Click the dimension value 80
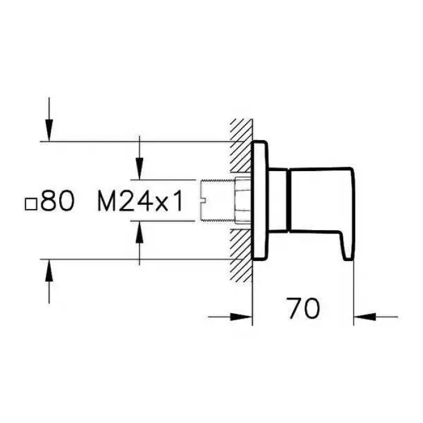coord(57,201)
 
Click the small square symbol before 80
coord(31,204)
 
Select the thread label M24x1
coord(140,201)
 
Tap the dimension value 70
coord(303,308)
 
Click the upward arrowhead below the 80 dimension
coord(49,270)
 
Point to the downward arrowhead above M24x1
coord(139,168)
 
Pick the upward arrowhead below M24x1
coord(139,232)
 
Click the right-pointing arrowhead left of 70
coord(241,317)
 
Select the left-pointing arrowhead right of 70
coord(365,317)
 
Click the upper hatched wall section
coord(242,146)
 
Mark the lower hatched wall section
coord(242,255)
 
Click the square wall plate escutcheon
coord(260,201)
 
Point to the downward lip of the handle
coord(348,246)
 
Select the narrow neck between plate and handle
coord(278,200)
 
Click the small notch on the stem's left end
coord(204,201)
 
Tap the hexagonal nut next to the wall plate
coord(244,201)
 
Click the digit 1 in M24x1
coord(177,201)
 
